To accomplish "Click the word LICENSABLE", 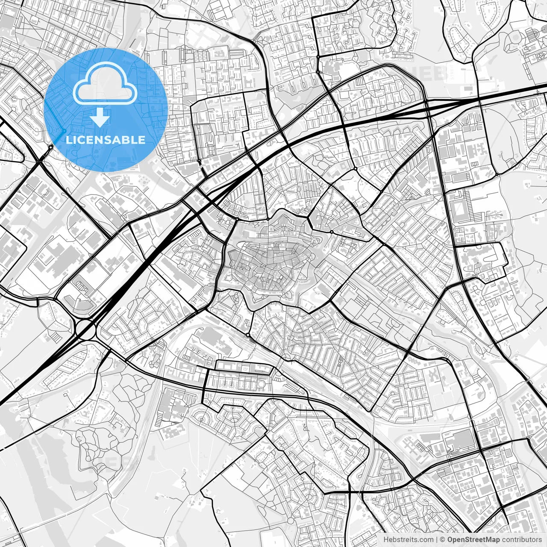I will tap(106, 140).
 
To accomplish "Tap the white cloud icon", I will tap(105, 84).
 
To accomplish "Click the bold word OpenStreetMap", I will tap(474, 540).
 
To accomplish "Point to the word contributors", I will tap(522, 540).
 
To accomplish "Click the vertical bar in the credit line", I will tap(436, 540).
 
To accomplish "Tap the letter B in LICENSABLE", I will tap(126, 140).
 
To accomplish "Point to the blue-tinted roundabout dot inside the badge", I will tap(64, 130).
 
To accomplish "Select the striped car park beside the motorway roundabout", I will tap(56, 338).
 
